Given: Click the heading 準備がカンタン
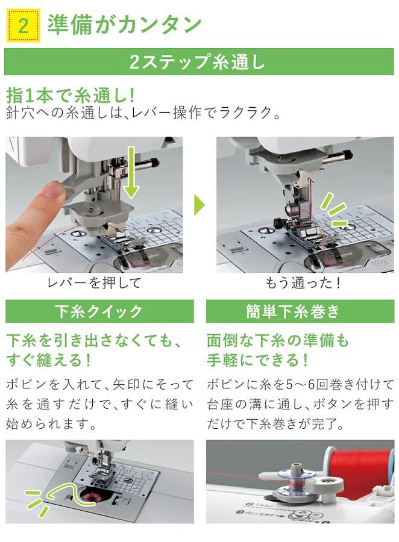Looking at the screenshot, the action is [x=124, y=25].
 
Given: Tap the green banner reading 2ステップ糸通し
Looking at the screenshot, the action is [x=199, y=61].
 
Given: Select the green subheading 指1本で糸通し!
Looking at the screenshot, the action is [x=71, y=96].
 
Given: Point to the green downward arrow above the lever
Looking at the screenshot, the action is [x=131, y=173].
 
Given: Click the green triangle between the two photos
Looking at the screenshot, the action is [x=199, y=205].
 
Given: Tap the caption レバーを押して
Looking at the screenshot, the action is [x=94, y=283].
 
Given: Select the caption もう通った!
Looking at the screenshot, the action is [x=303, y=283].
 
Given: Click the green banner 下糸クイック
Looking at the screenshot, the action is [x=99, y=311].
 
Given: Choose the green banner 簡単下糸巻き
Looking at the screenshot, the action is [x=300, y=311].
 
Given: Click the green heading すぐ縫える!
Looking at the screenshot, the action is [x=49, y=360].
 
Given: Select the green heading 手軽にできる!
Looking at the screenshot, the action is [x=258, y=360].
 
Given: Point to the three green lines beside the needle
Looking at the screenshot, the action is [x=333, y=210].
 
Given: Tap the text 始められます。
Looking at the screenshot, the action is [x=51, y=424].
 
